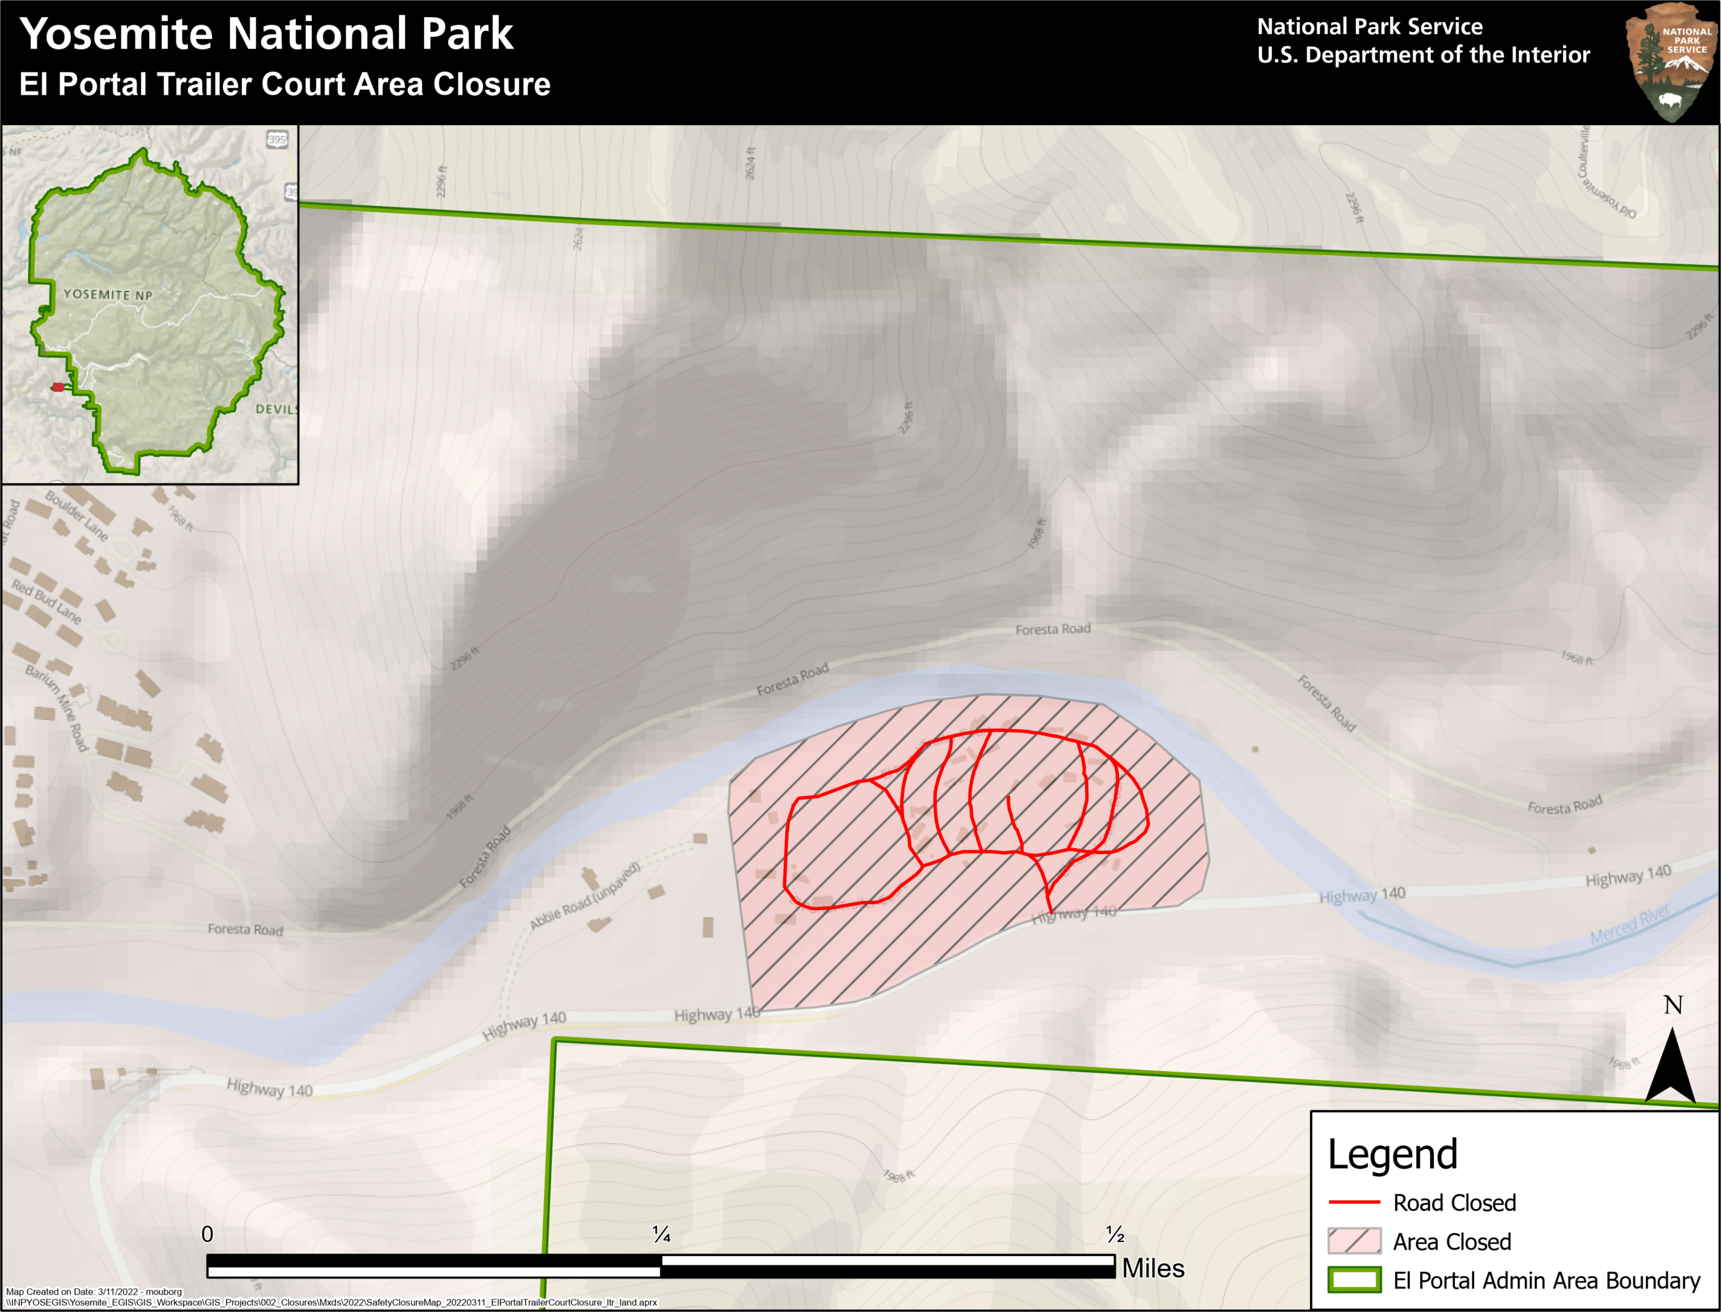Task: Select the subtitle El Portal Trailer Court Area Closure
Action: click(284, 84)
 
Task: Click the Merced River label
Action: click(1630, 924)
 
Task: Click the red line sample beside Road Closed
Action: click(1354, 1203)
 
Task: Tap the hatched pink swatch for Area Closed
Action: click(1354, 1241)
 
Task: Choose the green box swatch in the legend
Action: click(1354, 1280)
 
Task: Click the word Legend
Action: click(1392, 1154)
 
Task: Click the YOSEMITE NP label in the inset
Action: click(108, 294)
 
